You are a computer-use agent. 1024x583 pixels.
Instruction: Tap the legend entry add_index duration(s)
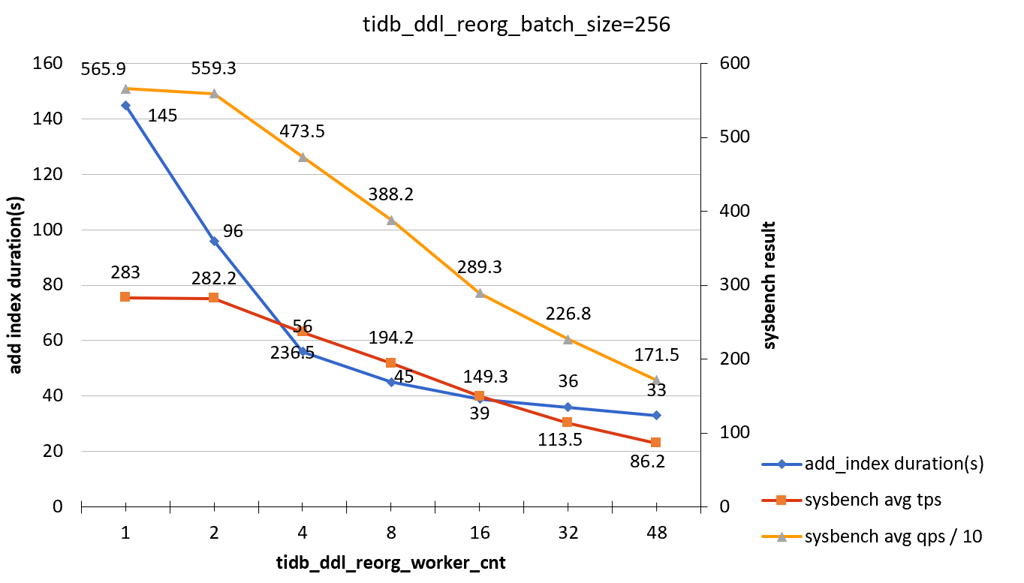pos(893,464)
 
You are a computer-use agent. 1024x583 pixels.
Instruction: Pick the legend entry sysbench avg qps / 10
pos(893,536)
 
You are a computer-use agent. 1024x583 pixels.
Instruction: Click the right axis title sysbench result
pos(770,285)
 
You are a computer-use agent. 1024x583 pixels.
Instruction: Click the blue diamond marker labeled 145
pos(125,105)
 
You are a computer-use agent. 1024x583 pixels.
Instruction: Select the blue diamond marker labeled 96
pos(214,241)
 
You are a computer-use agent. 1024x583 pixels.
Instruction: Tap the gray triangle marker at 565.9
pos(125,89)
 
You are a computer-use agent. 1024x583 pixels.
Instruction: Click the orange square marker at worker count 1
pos(125,297)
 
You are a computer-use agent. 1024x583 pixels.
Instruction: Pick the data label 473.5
pos(302,131)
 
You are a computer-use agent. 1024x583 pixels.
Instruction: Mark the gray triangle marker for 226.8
pos(568,339)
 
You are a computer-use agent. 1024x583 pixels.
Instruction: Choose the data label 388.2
pos(390,194)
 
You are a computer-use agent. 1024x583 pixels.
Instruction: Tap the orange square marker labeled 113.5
pos(568,422)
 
